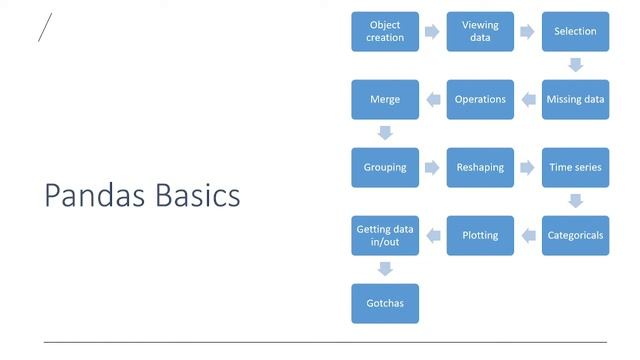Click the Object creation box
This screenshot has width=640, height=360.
point(385,31)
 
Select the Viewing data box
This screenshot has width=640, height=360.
point(480,31)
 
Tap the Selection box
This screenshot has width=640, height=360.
point(575,31)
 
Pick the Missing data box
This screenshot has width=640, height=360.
point(575,99)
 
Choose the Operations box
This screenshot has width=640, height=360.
point(480,99)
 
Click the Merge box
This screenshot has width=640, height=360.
point(385,99)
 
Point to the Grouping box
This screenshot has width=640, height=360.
point(385,167)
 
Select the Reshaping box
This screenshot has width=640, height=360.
point(480,167)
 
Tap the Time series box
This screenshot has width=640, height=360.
point(575,167)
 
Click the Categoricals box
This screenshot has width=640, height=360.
point(575,235)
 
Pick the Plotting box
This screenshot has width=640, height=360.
point(480,235)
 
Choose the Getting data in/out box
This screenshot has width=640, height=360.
point(385,235)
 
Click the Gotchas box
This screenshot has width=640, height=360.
point(385,303)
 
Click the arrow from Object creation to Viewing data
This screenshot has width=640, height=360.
point(432,31)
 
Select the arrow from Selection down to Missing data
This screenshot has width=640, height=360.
point(575,65)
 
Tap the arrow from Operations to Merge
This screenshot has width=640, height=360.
point(432,99)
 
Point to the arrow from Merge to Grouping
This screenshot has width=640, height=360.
point(385,133)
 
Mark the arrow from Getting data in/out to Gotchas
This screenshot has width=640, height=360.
point(385,269)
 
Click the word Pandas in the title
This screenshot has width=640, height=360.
point(95,195)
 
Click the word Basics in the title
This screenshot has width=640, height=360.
point(198,195)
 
